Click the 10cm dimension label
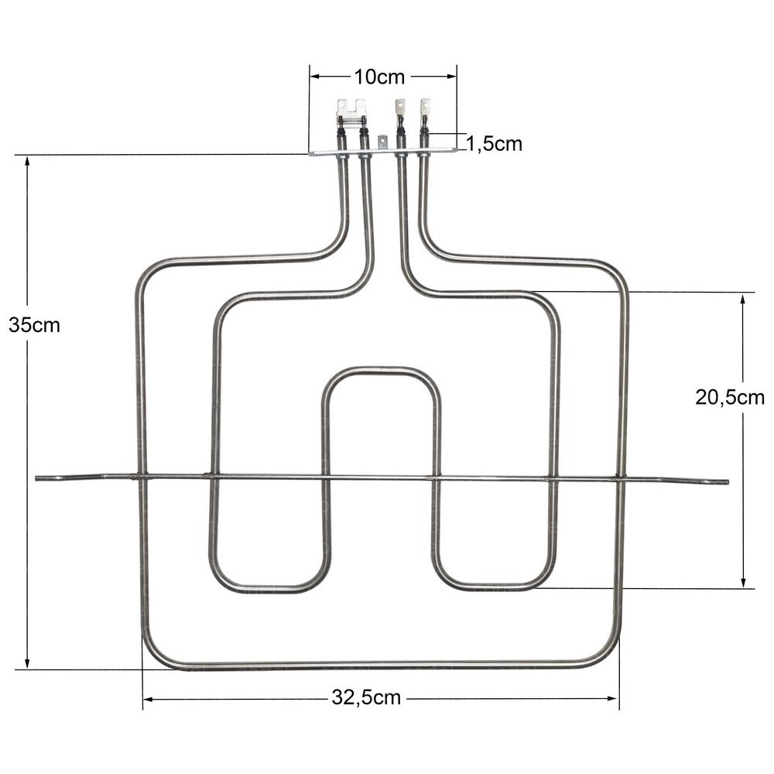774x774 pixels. point(379,77)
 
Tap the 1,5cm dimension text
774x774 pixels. point(494,144)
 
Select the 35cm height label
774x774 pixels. point(35,325)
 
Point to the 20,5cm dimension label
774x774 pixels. point(730,397)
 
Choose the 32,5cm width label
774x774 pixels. point(366,697)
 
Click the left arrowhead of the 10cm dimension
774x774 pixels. point(315,77)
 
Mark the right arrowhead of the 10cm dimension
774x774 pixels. point(452,77)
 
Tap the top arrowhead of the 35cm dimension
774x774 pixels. point(27,162)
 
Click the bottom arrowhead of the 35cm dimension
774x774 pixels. point(27,663)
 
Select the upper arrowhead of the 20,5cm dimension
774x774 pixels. point(743,300)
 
